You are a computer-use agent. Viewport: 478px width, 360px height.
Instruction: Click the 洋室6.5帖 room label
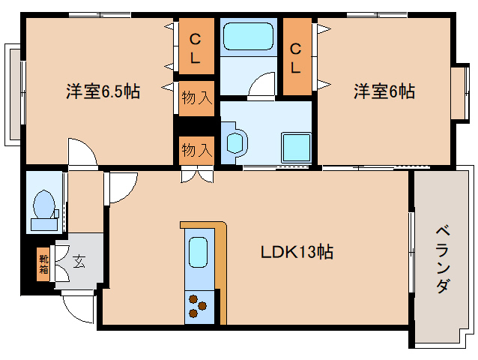coord(102,92)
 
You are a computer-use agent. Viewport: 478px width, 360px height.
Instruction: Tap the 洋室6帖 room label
coord(384,92)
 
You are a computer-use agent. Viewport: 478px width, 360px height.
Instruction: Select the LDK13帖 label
coord(297,252)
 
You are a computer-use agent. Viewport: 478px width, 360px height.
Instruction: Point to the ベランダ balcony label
coord(442,259)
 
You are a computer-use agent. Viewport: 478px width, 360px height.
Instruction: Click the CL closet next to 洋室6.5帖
coord(195,49)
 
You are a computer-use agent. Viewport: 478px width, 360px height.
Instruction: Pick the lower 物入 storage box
coord(196,150)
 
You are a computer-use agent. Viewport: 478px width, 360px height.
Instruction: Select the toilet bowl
coord(43,204)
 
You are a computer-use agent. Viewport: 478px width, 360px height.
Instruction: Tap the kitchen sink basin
coord(199,252)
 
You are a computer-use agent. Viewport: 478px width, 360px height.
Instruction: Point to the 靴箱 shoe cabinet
coord(43,263)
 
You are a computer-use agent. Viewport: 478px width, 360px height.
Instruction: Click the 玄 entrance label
coord(79,262)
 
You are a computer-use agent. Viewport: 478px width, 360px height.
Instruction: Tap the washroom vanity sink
coord(235,142)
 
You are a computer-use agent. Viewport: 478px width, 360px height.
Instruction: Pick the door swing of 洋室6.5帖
coord(82,151)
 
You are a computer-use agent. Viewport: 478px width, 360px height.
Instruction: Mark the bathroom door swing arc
coord(262,85)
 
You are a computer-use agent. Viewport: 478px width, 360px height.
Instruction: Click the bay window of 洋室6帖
coord(459,92)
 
